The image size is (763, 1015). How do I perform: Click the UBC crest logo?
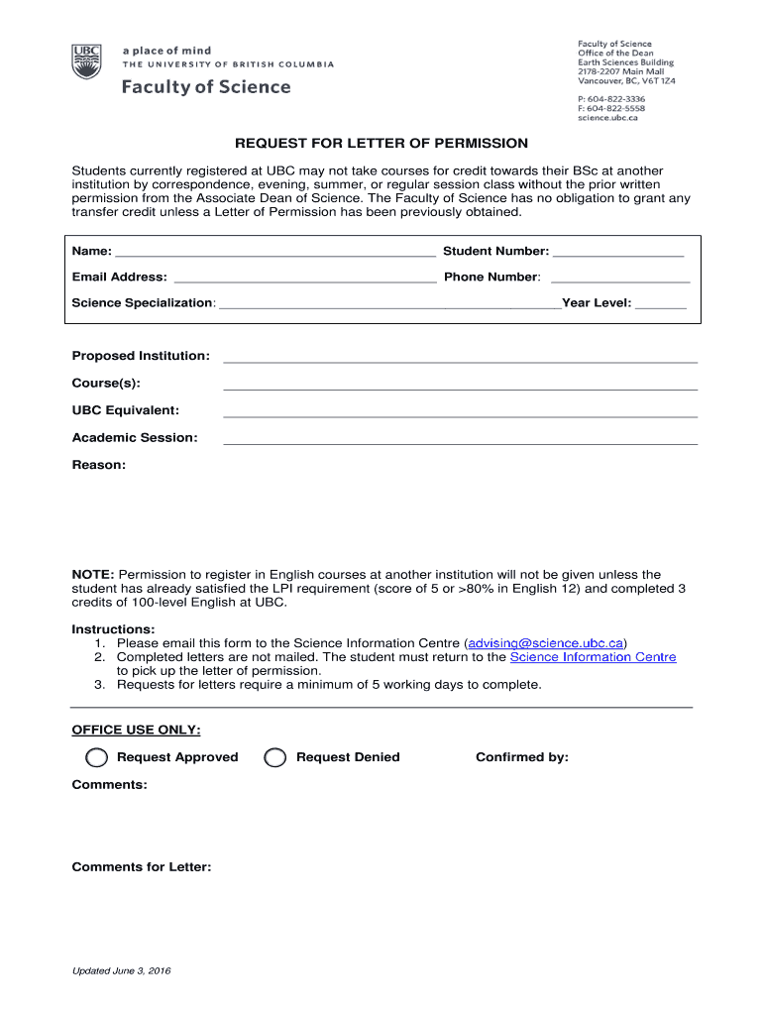point(86,61)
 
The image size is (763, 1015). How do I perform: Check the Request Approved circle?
point(96,758)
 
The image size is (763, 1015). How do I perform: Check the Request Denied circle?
point(274,758)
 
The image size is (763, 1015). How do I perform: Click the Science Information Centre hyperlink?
point(593,657)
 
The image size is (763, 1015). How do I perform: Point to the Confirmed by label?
point(521,757)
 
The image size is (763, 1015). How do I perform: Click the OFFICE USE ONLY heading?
point(136,731)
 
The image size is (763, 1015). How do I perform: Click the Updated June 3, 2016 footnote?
point(121,971)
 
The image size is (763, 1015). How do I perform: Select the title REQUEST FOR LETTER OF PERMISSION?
point(381,144)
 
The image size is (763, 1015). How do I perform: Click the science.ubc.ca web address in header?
point(607,118)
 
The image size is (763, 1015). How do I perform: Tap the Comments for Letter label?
point(141,867)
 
